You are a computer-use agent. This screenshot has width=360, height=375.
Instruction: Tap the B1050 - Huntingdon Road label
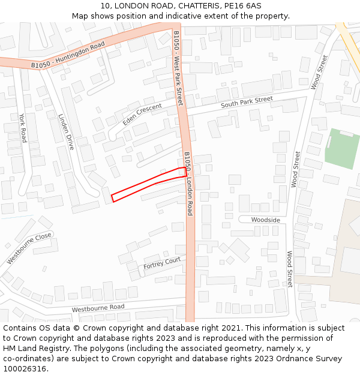pos(68,55)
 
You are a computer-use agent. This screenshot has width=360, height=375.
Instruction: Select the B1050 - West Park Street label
pos(178,67)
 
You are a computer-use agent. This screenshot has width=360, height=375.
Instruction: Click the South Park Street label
pos(247,102)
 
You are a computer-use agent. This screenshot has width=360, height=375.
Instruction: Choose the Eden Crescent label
pos(142,114)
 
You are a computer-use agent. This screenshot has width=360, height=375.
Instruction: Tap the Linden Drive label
pos(66,131)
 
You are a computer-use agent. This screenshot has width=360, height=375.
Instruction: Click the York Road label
pos(23,128)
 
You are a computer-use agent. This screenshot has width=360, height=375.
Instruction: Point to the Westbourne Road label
pos(98,308)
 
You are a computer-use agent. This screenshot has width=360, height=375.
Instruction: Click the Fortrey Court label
pos(162,263)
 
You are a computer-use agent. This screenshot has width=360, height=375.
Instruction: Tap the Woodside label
pos(266,220)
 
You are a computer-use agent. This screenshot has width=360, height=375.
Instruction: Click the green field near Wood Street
pos(342,148)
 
